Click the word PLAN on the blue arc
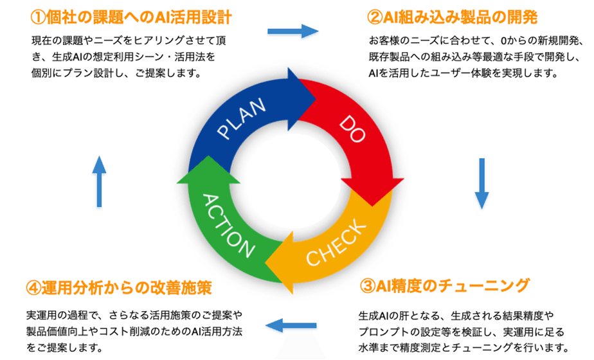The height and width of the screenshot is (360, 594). point(242,120)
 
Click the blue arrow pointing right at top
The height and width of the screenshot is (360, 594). point(292,31)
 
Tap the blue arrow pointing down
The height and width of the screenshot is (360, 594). point(482,183)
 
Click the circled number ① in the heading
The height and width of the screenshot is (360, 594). point(39,16)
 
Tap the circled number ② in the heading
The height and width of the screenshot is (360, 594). point(375,16)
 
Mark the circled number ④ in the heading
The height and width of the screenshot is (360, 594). point(34,287)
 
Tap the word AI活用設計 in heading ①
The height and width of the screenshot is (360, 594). point(194,16)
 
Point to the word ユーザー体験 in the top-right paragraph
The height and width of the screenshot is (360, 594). point(458,73)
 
